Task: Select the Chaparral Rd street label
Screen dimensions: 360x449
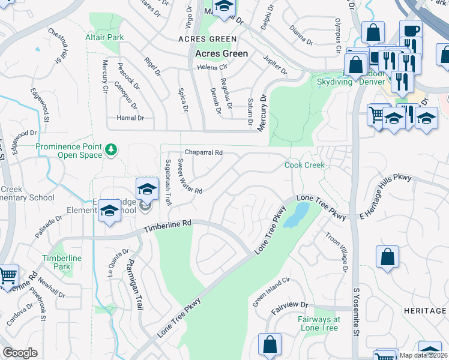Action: (203, 153)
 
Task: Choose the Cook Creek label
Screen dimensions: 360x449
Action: (304, 165)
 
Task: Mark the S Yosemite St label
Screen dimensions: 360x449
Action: (355, 312)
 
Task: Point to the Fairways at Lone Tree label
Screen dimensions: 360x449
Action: (318, 323)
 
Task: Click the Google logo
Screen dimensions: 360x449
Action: (20, 353)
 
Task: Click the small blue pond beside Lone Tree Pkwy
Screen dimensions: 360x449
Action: (295, 215)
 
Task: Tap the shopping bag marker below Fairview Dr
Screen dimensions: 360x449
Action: (270, 344)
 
